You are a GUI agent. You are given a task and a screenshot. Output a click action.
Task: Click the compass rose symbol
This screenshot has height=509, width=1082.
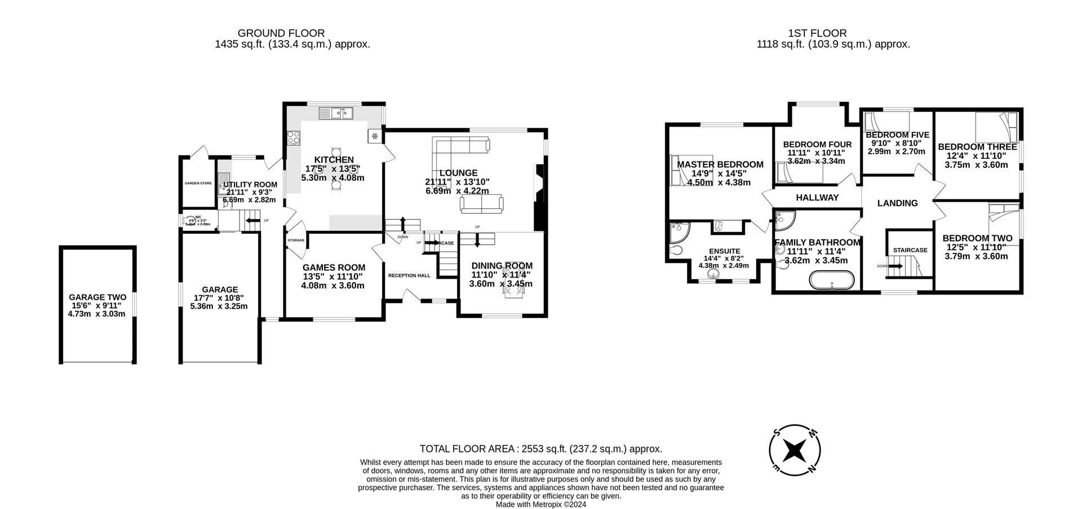point(795,449)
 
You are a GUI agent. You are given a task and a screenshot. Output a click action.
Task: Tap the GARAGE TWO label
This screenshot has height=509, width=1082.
point(97,297)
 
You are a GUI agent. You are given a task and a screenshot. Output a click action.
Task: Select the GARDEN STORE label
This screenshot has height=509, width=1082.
point(198,183)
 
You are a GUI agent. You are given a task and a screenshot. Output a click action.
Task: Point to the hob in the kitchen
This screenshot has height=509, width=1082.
point(294,137)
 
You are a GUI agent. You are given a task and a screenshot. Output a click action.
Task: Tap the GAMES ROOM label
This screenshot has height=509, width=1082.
point(334,267)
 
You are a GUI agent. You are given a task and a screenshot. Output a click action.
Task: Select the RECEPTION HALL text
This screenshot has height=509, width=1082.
point(409,275)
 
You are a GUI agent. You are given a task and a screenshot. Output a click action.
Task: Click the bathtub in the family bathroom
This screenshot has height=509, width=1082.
point(832,280)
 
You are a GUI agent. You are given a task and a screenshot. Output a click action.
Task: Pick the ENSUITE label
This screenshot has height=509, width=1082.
point(724,251)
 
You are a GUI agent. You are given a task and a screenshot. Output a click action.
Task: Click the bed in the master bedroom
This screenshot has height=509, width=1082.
point(690,170)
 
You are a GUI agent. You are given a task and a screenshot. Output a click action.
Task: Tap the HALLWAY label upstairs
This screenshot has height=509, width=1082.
point(817,198)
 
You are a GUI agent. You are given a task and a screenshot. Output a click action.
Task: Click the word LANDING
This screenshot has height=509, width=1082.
point(897,203)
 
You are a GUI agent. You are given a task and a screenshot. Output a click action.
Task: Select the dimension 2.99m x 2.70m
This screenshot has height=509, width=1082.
point(896,151)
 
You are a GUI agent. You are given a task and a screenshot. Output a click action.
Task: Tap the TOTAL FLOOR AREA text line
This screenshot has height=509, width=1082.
point(540,449)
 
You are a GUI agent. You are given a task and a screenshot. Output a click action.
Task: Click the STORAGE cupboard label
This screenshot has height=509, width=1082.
point(296,240)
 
